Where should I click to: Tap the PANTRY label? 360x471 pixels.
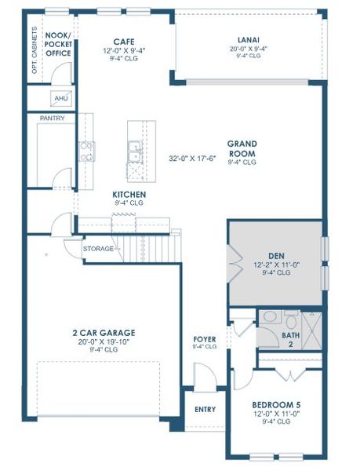(51, 118)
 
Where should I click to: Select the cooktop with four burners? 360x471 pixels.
(85, 151)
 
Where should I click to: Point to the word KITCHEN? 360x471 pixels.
(129, 194)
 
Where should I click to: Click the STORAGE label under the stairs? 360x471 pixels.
(99, 249)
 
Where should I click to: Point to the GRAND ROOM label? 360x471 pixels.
(242, 148)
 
